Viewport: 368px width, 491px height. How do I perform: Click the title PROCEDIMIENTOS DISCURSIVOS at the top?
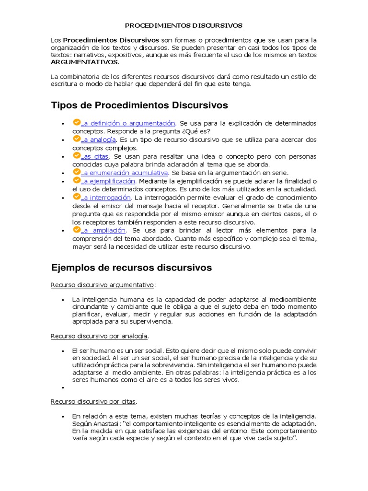pyautogui.click(x=184, y=25)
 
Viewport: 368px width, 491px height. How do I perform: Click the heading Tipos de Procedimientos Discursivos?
pyautogui.click(x=139, y=105)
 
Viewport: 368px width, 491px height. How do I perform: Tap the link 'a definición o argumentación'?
pyautogui.click(x=128, y=123)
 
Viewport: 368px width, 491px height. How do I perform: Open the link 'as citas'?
pyautogui.click(x=95, y=156)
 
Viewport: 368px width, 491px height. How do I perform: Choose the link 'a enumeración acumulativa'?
pyautogui.click(x=124, y=173)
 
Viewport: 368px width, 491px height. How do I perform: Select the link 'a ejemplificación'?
pyautogui.click(x=108, y=181)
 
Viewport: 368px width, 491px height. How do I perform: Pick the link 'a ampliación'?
pyautogui.click(x=103, y=230)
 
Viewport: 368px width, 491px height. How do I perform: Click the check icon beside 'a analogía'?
pyautogui.click(x=76, y=139)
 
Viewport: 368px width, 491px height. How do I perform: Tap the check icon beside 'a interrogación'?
pyautogui.click(x=76, y=196)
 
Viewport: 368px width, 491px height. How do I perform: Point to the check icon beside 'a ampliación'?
pyautogui.click(x=76, y=229)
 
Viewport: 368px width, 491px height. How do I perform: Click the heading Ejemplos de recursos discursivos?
pyautogui.click(x=131, y=267)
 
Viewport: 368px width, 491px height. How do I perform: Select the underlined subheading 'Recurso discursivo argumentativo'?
pyautogui.click(x=103, y=285)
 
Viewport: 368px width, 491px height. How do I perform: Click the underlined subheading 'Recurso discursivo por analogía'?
pyautogui.click(x=99, y=336)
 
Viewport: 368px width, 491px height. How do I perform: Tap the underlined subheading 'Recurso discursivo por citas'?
pyautogui.click(x=93, y=401)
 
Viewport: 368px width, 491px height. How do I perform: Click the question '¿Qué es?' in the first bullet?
pyautogui.click(x=196, y=131)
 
